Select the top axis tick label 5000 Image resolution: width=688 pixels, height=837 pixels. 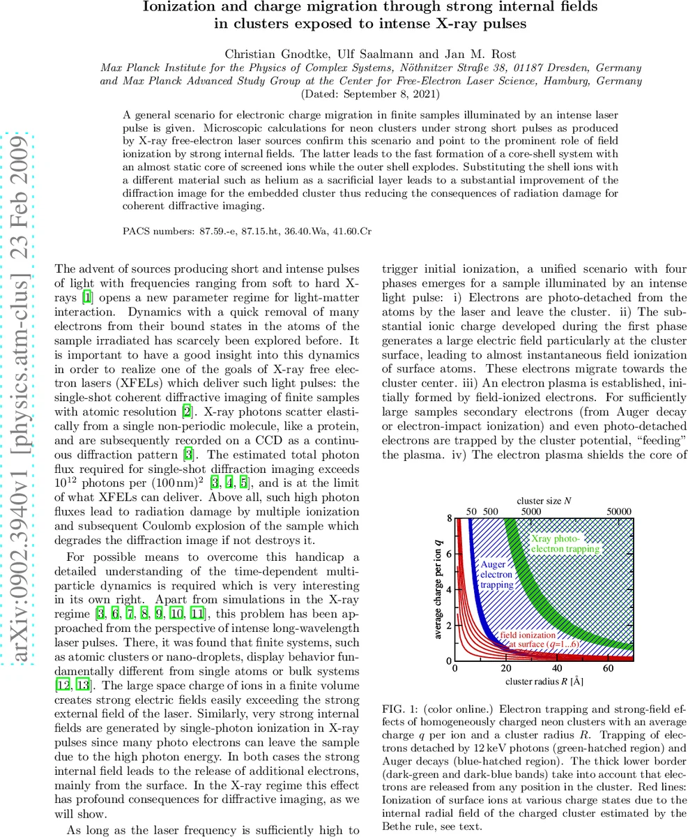(531, 511)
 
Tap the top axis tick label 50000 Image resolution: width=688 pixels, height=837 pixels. (618, 511)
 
